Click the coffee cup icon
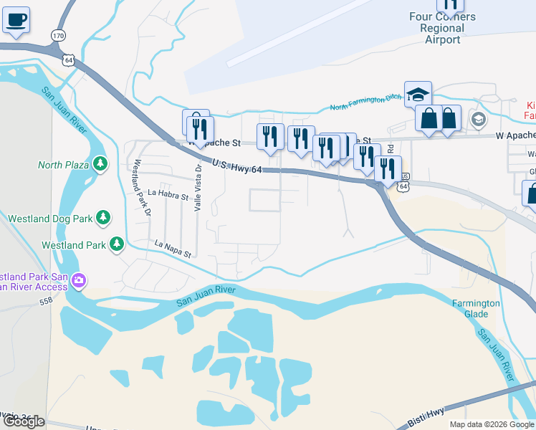[x=16, y=19]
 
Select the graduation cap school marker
[x=418, y=94]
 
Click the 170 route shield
[x=58, y=35]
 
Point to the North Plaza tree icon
[x=100, y=164]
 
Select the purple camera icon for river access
[x=79, y=280]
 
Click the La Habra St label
[x=168, y=194]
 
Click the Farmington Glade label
[x=475, y=309]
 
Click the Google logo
[x=24, y=421]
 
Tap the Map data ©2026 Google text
[x=491, y=424]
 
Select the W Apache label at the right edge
[x=515, y=135]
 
